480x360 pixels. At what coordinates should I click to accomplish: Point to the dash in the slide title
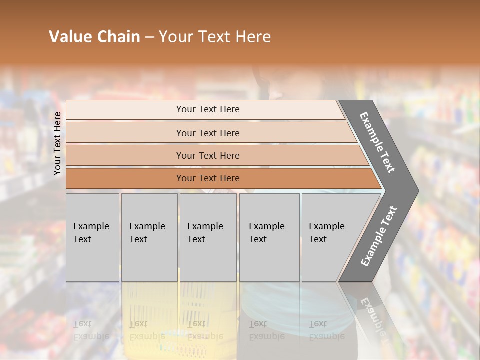[x=149, y=37]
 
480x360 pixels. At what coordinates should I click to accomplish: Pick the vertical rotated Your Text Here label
[x=57, y=143]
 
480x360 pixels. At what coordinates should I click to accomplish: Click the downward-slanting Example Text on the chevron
[x=377, y=142]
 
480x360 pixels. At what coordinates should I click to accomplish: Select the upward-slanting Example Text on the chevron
[x=379, y=236]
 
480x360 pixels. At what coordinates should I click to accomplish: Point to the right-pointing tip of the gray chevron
[x=417, y=191]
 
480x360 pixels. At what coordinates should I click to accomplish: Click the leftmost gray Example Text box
[x=92, y=237]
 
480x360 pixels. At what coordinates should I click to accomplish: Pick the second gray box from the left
[x=149, y=237]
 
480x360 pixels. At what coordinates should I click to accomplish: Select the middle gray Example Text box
[x=208, y=237]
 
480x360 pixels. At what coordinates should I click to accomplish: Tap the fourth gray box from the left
[x=269, y=237]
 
